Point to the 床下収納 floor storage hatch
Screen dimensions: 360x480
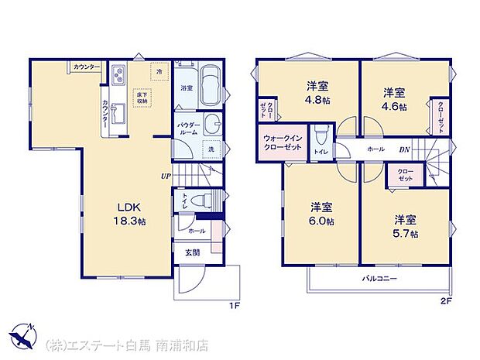coord(144,98)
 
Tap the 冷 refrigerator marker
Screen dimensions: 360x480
coord(158,72)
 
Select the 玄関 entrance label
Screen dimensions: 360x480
coord(191,252)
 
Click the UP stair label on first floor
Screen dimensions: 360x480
coord(166,176)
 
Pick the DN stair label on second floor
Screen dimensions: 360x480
coord(403,149)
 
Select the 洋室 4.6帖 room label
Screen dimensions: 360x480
coord(395,98)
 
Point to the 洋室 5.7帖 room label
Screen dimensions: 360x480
coord(405,226)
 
